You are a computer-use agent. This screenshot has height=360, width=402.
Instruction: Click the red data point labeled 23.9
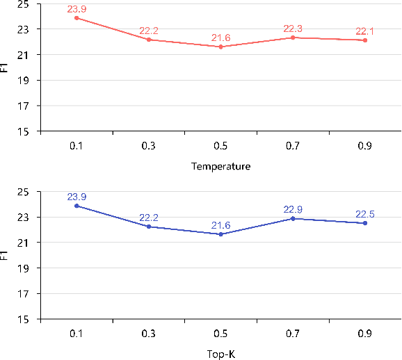[x=77, y=18]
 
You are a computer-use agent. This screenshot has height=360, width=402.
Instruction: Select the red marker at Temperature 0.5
[x=221, y=47]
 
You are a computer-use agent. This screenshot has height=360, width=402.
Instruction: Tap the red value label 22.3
[x=293, y=28]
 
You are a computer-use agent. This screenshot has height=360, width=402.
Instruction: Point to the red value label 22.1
[x=365, y=31]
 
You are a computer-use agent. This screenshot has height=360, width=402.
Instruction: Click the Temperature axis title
[x=220, y=166]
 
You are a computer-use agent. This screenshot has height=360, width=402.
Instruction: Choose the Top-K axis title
[x=220, y=354]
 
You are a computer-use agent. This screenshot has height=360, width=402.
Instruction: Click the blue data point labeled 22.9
[x=293, y=218]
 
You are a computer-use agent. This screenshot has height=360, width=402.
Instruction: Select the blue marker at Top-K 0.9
[x=365, y=223]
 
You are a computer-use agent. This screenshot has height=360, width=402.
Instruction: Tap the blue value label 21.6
[x=220, y=225]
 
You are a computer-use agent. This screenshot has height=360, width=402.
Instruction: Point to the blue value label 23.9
[x=77, y=197]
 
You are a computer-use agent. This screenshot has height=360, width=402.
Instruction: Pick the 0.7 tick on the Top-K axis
[x=293, y=334]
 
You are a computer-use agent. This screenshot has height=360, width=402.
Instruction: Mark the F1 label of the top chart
[x=6, y=68]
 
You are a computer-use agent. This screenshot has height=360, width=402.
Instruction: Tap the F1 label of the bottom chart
[x=6, y=256]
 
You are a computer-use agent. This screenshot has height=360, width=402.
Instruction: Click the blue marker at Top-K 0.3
[x=149, y=227]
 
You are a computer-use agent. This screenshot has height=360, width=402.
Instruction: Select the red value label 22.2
[x=149, y=31]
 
